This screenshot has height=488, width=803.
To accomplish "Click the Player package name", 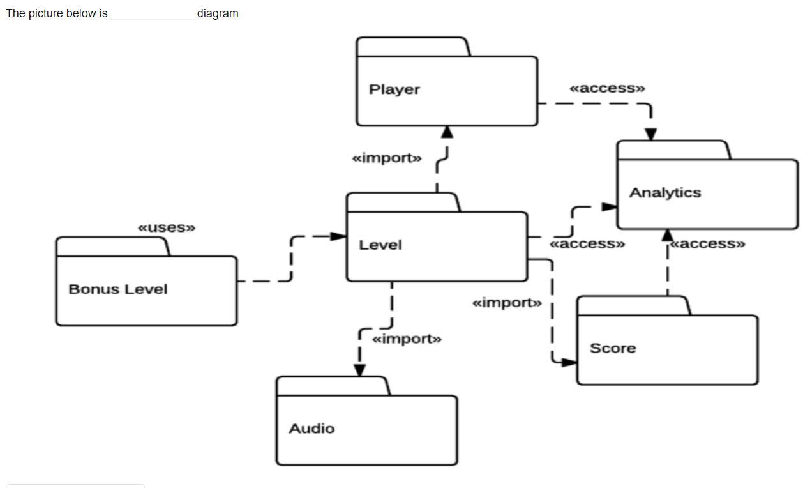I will (394, 89).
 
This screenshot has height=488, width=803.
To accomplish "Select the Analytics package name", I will (665, 193).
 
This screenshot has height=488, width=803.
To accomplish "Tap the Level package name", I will (380, 245).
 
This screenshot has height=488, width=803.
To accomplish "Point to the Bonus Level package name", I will (118, 289).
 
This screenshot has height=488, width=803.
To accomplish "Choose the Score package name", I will (613, 348).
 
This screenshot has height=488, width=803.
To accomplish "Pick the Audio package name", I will (311, 429).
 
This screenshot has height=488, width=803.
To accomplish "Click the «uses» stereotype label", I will (167, 227).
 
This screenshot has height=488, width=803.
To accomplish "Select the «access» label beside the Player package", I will (607, 88).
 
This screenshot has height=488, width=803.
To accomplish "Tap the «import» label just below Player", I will (387, 158).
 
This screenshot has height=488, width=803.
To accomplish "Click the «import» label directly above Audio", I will (407, 339).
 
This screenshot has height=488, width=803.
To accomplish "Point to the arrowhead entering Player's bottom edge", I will (447, 132).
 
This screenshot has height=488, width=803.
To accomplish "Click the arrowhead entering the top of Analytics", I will (650, 134).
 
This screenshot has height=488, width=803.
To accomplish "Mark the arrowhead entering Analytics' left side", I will (610, 206).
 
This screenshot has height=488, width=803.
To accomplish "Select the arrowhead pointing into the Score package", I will (569, 363).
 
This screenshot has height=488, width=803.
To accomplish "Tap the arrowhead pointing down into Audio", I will (360, 370).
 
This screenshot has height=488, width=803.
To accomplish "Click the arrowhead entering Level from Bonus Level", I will (339, 236).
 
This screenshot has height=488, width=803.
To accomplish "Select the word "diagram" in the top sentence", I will (218, 13).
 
